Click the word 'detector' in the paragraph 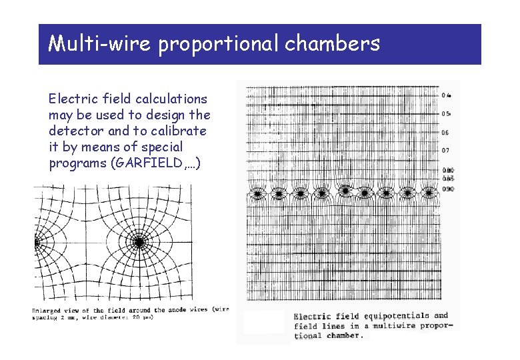coord(74,131)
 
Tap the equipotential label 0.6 coord(445,133)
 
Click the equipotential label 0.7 coord(445,151)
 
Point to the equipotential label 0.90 coord(448,189)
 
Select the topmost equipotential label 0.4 coord(446,95)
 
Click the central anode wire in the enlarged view coord(139,243)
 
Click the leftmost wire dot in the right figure coord(256,193)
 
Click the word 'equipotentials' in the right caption coord(395,316)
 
